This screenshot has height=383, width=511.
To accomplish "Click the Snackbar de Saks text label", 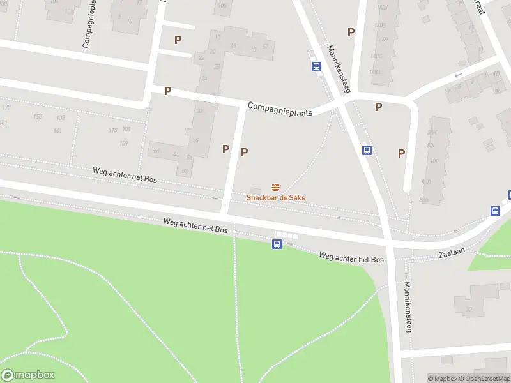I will [276, 198].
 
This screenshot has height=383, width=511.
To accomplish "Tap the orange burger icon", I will [276, 187].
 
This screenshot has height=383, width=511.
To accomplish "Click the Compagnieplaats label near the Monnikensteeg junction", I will [280, 109].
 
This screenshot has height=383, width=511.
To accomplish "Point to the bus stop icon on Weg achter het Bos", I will [277, 244].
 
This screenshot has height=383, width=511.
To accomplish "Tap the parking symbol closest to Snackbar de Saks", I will [244, 152].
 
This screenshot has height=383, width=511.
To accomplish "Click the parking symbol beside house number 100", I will [401, 153].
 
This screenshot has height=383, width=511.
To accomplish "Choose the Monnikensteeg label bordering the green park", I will [408, 306].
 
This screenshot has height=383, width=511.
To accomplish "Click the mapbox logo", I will [28, 375].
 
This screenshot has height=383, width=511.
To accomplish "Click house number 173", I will [6, 107].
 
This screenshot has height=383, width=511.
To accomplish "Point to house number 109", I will [124, 143].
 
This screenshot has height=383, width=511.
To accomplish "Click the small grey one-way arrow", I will [457, 75].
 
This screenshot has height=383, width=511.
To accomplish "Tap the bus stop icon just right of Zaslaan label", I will [495, 211].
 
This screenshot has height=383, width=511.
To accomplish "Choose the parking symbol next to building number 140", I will [351, 32].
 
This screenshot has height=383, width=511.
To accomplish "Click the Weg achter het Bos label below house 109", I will [125, 175].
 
